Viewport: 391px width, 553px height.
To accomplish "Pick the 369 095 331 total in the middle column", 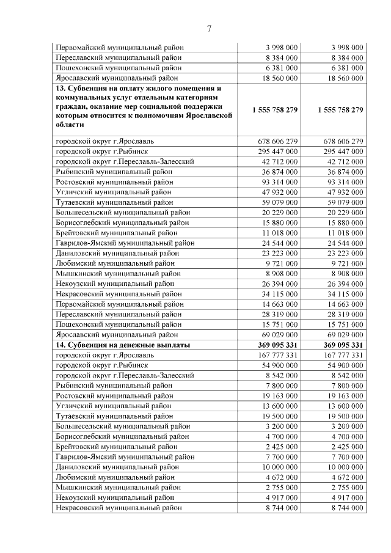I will click(274, 345).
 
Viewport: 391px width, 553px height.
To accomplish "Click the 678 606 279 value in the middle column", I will click(274, 141).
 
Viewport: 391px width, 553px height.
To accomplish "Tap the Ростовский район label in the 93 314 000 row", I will click(114, 181).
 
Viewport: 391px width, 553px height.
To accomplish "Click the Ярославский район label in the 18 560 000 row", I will click(117, 78).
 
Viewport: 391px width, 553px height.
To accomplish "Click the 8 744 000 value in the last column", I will click(346, 508).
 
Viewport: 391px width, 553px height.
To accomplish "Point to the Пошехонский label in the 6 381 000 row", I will click(118, 68).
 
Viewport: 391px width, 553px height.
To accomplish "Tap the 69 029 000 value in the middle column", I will click(277, 335).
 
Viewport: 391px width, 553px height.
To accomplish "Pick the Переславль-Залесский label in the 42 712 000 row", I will click(125, 161).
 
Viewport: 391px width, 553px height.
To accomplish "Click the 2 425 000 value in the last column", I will click(346, 447).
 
